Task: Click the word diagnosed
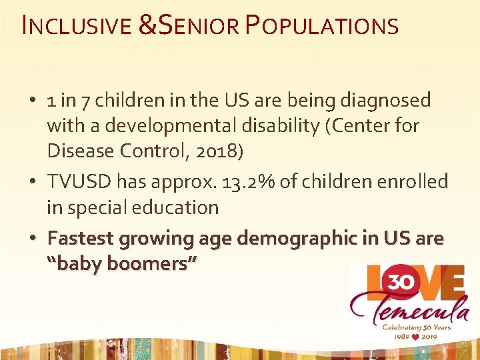tap(385, 101)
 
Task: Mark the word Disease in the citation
tap(79, 151)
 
